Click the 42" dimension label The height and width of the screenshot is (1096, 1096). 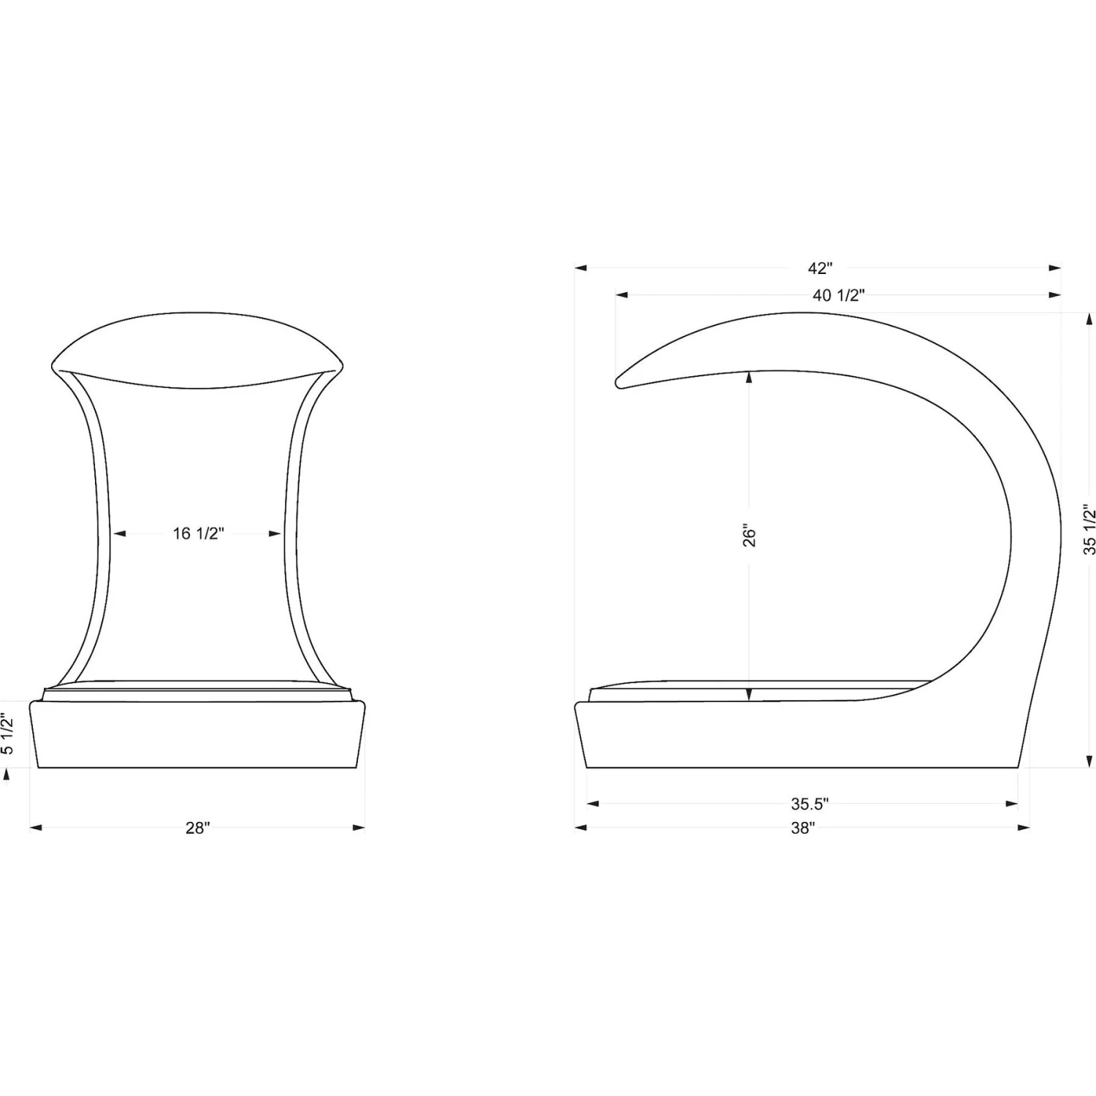coord(820,268)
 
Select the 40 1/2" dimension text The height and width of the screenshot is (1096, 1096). coord(839,295)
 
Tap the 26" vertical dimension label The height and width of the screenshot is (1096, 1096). coord(750,535)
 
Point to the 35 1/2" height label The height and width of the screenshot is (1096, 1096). coord(1089,529)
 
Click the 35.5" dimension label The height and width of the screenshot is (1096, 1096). coord(810,804)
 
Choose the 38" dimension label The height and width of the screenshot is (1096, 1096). coord(802,828)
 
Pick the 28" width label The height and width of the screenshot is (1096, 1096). coord(197,828)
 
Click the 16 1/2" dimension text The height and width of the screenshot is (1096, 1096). coord(198,533)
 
